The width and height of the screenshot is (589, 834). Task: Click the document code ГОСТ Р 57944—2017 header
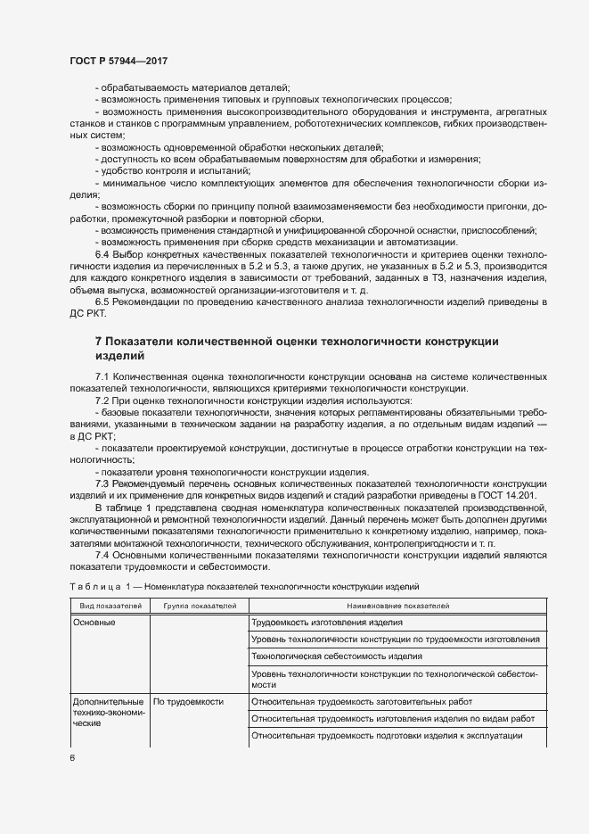tap(119, 60)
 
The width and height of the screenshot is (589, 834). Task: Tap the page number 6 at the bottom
tap(72, 758)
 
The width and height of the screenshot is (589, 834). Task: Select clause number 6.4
tap(102, 254)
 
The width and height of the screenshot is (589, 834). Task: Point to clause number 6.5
tap(102, 302)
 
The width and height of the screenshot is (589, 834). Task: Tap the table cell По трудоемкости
tap(188, 701)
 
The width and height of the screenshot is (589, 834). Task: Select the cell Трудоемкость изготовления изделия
tap(328, 623)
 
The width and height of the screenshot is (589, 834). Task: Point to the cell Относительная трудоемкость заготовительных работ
tap(362, 701)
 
